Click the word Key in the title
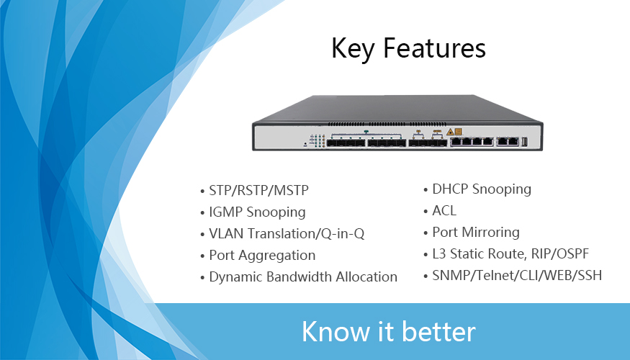click(354, 49)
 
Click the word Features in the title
click(435, 48)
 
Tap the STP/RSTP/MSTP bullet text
click(258, 191)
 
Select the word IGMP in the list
click(225, 212)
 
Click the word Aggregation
click(276, 256)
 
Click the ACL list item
click(444, 210)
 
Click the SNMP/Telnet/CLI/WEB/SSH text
click(517, 276)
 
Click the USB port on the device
click(524, 141)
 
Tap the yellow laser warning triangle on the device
click(451, 132)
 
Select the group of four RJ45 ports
click(472, 141)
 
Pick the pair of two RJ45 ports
click(508, 141)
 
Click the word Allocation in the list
click(366, 276)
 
